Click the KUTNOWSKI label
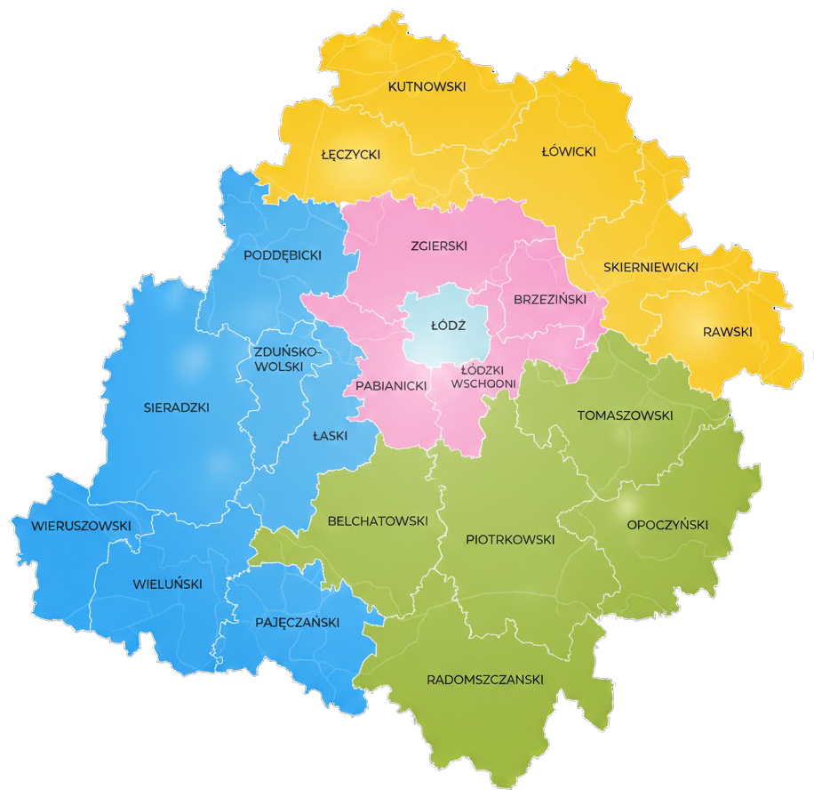[x=427, y=86]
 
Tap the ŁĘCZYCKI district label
[x=350, y=154]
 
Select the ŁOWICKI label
[x=569, y=151]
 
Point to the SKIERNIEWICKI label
[x=650, y=267]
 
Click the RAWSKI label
[x=727, y=332]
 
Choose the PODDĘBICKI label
[x=282, y=255]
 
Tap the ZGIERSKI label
[x=439, y=246]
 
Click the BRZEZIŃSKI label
[x=550, y=300]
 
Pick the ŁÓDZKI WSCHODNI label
[x=483, y=376]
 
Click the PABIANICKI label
[x=391, y=385]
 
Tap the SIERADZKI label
[x=176, y=407]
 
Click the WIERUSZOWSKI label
[x=81, y=526]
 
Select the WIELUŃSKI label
[x=167, y=584]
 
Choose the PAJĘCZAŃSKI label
[x=297, y=622]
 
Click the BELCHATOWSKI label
[x=378, y=520]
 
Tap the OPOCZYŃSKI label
[x=667, y=525]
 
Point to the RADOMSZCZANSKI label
[x=484, y=680]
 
